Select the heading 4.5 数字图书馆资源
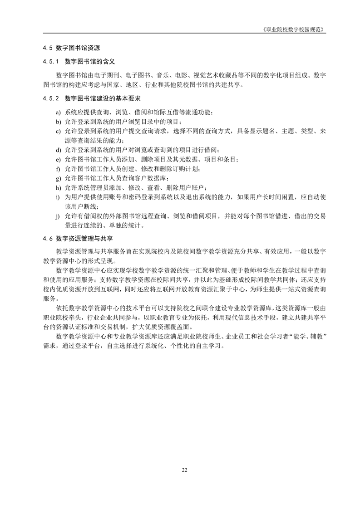(x=71, y=47)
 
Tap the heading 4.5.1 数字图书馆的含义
(x=79, y=61)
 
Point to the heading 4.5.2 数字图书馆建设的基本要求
(x=92, y=98)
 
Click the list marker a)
(x=58, y=112)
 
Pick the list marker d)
(x=58, y=150)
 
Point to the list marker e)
(x=58, y=160)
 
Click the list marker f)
(x=58, y=169)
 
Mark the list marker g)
(x=58, y=178)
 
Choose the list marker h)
(x=58, y=188)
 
